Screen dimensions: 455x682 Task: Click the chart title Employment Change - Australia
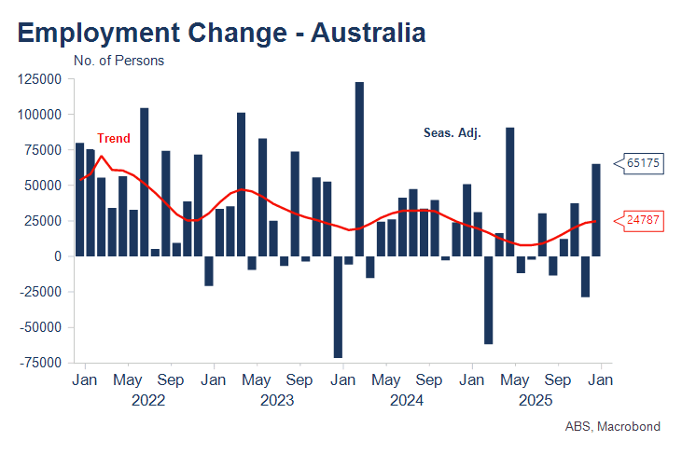pyautogui.click(x=221, y=33)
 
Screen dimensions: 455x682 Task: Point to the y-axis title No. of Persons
pyautogui.click(x=118, y=61)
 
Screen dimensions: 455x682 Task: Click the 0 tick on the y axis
pyautogui.click(x=57, y=256)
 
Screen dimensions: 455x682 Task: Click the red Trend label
pyautogui.click(x=114, y=138)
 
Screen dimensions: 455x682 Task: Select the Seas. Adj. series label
pyautogui.click(x=452, y=133)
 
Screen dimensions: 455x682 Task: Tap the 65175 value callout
pyautogui.click(x=643, y=163)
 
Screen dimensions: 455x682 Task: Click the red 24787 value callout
pyautogui.click(x=643, y=221)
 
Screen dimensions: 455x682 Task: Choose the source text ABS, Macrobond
pyautogui.click(x=612, y=426)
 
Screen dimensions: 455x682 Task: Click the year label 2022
pyautogui.click(x=148, y=401)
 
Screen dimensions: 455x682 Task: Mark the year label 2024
pyautogui.click(x=407, y=401)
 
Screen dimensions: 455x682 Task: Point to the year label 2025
pyautogui.click(x=536, y=401)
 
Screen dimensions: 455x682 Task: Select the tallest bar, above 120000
pyautogui.click(x=359, y=168)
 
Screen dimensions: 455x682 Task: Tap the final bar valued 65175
pyautogui.click(x=596, y=210)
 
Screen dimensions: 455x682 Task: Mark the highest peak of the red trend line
pyautogui.click(x=102, y=156)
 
